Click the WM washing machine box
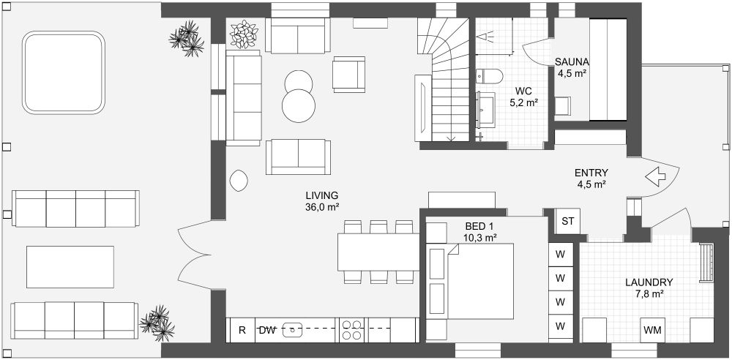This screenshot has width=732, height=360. click(652, 330)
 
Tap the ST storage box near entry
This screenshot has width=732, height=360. click(568, 221)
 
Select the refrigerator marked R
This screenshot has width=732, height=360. click(242, 330)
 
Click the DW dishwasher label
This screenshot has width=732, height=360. click(266, 330)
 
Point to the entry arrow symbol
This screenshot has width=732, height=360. click(656, 177)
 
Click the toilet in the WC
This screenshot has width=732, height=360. click(489, 75)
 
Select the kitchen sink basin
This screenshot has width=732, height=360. click(293, 330)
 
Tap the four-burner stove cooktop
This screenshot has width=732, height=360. click(351, 330)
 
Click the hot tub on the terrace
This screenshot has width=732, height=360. click(64, 72)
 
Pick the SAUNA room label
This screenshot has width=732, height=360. click(572, 61)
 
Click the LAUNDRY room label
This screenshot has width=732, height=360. click(649, 282)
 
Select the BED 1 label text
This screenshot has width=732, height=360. click(479, 226)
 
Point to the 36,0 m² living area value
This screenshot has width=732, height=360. click(322, 207)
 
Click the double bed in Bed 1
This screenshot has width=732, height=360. click(480, 281)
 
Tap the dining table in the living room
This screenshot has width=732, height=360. click(378, 252)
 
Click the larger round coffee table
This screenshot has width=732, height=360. click(299, 105)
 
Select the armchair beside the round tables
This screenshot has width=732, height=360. click(348, 75)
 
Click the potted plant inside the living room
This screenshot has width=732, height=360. click(244, 34)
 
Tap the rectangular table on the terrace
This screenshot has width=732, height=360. click(70, 266)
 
